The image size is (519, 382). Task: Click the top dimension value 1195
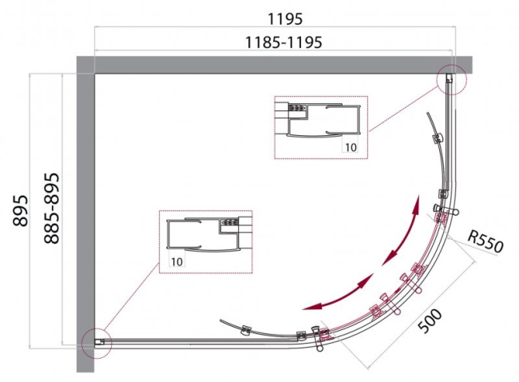point(285,19)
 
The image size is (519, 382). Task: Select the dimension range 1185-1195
point(283,42)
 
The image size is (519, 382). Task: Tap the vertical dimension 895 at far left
point(21,211)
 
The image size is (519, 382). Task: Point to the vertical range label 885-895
point(52,209)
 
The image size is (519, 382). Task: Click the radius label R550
point(485,241)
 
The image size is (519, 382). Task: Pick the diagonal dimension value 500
point(430,320)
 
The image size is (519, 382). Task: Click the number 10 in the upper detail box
point(351,147)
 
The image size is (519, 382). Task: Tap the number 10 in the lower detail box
point(176,262)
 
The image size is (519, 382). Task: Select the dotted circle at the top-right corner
point(451,79)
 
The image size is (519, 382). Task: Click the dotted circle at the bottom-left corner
point(97,343)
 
